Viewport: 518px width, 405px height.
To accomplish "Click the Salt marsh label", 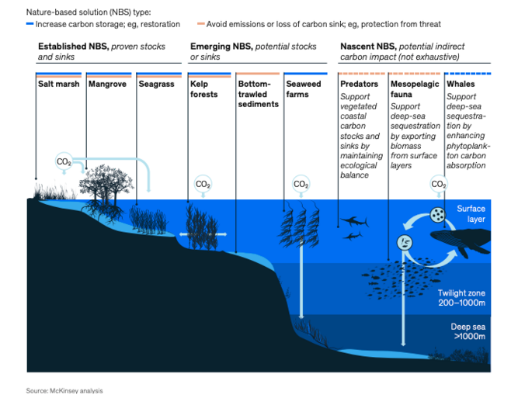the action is coord(58,84).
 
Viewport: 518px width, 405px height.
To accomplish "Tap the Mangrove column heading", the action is coord(107,84).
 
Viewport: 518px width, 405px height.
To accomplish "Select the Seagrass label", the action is coord(156,84).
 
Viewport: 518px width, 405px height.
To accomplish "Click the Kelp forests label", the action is coord(203,89).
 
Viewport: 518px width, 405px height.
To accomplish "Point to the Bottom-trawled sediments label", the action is coord(259,94).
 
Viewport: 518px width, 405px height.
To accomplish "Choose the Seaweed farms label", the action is coord(304,89).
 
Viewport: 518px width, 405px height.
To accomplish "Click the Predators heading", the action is coord(359,84).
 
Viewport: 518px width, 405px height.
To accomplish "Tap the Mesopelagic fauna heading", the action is coord(415,89).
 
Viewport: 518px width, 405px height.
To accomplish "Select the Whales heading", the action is coord(461,84).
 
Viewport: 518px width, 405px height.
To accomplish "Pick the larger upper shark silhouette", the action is coord(354,221).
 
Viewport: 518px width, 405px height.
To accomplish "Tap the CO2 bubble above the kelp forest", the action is coord(203,184).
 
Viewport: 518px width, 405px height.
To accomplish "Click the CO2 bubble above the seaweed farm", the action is coord(301,184).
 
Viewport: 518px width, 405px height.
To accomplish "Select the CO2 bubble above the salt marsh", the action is coord(64,161).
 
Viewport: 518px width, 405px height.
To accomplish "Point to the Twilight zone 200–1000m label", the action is coord(461,298).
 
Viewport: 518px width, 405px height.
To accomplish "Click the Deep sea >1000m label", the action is coord(468,331).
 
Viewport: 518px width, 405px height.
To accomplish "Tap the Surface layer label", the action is coord(471,214).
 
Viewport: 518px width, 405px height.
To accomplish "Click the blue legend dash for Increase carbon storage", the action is coord(30,24).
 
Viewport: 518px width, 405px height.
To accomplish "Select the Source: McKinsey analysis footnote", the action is coord(64,391).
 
